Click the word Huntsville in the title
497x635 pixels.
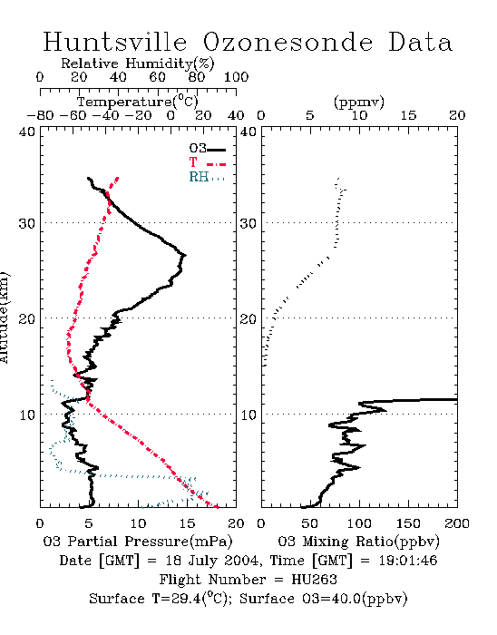point(115,42)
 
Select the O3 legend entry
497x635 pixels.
point(207,149)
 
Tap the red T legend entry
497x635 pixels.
point(207,163)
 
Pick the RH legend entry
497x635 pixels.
point(207,177)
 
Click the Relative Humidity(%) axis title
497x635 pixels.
point(137,63)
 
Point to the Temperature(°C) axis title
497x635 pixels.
point(137,102)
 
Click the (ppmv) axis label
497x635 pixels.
point(358,102)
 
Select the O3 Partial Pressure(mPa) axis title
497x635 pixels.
point(138,542)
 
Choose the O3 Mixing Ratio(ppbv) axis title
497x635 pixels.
point(358,542)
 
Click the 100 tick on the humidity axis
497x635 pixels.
point(236,77)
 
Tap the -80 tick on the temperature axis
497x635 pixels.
point(40,116)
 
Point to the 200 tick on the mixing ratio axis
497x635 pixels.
point(457,523)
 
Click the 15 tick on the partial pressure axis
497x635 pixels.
point(187,523)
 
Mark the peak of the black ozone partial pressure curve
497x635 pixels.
point(185,255)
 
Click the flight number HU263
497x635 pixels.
point(314,580)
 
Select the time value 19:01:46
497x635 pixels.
point(408,561)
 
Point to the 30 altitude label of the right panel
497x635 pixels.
point(248,223)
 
